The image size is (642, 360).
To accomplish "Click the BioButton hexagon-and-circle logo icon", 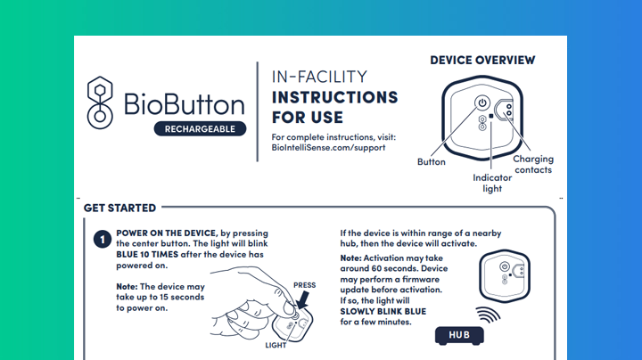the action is click(100, 102).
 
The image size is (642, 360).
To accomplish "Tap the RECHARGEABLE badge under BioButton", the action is click(200, 129).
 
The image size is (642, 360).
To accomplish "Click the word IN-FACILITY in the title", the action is click(319, 77).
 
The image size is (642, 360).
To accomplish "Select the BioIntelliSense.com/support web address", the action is click(328, 148).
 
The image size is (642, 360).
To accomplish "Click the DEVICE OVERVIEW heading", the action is click(482, 60).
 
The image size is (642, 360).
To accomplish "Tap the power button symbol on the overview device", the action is click(482, 102).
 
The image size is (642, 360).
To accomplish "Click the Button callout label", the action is click(432, 162).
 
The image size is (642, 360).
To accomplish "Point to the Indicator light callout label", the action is click(492, 183).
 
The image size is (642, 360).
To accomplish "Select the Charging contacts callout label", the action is click(533, 164).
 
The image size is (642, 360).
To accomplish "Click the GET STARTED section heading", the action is click(119, 209).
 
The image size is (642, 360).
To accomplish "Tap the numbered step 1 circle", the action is click(103, 240).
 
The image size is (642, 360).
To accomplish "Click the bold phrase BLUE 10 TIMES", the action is click(147, 255).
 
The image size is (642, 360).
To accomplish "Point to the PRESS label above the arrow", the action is click(304, 285).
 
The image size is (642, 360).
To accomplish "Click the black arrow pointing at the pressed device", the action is click(302, 300).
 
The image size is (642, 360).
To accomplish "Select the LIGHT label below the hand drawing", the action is click(276, 345).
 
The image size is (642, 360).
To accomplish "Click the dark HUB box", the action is click(459, 335).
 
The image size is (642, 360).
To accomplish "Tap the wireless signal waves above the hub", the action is click(489, 315).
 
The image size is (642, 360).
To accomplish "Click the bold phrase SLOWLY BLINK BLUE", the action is click(383, 311).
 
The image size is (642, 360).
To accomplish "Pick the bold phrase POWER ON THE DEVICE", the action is click(166, 233).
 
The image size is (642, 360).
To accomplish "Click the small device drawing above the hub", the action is click(505, 276).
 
